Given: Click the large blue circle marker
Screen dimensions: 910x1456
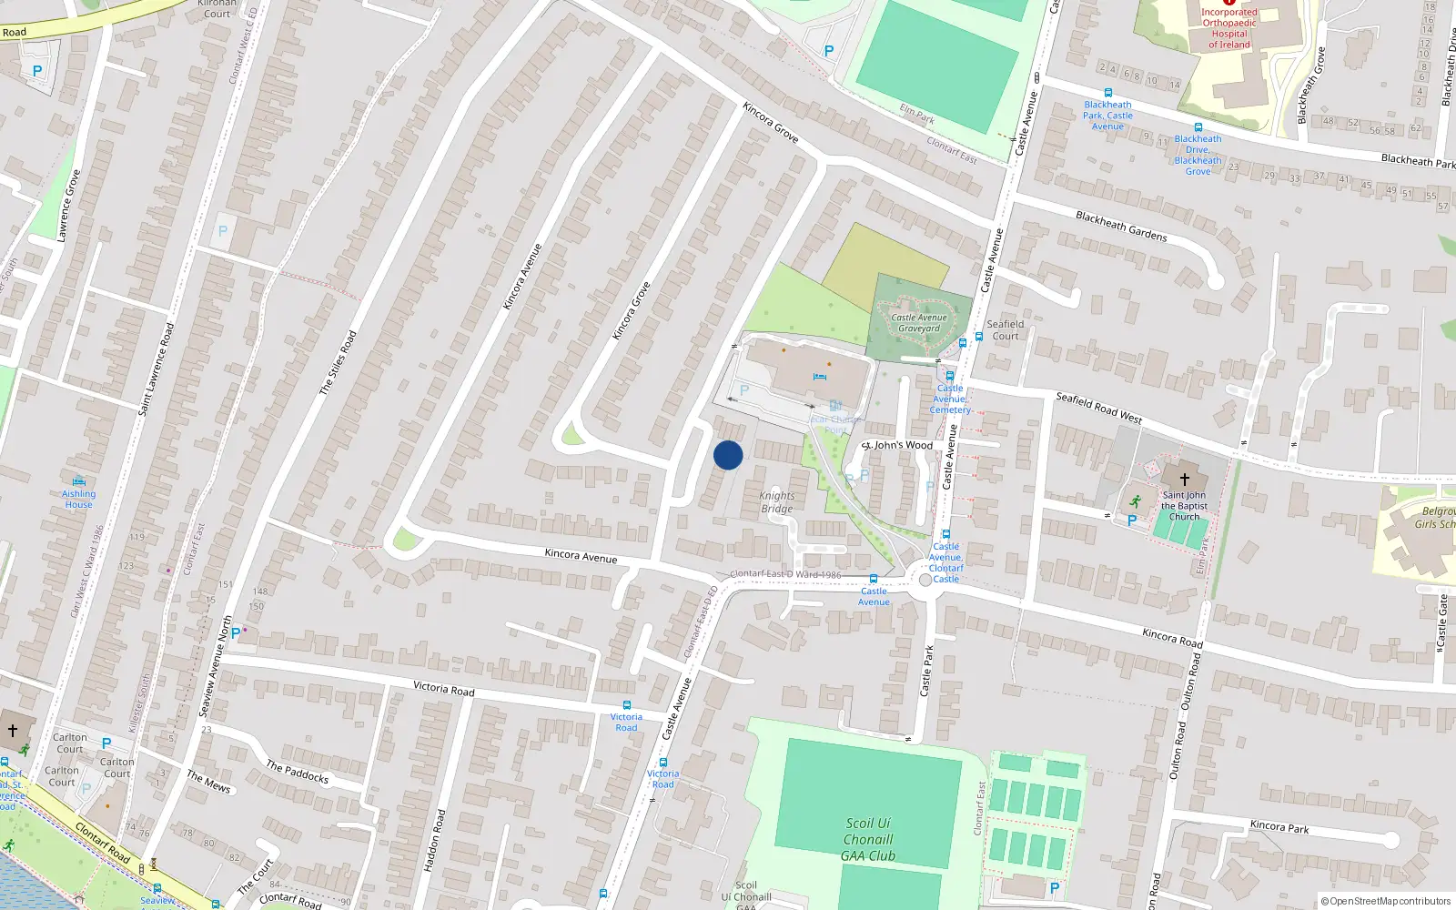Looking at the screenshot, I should [x=728, y=455].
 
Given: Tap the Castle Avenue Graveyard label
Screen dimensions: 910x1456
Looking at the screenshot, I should [x=918, y=323].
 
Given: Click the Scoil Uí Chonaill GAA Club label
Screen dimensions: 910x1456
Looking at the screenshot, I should [x=868, y=839].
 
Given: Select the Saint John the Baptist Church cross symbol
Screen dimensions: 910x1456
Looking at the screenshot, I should [x=1184, y=479].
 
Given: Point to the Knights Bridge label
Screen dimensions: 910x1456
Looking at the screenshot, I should [x=777, y=502].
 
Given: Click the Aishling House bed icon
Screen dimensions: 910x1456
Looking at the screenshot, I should [x=79, y=481].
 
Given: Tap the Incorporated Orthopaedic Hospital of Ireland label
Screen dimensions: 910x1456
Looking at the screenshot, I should [x=1228, y=28].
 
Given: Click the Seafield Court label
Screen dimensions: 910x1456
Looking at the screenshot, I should [x=1006, y=329].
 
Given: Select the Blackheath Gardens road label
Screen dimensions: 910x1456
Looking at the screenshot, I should [x=1121, y=226].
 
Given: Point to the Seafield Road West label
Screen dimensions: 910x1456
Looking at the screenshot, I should [x=1098, y=407].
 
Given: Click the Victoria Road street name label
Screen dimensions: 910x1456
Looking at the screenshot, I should [x=443, y=689].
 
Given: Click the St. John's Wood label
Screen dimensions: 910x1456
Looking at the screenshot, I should [x=898, y=445].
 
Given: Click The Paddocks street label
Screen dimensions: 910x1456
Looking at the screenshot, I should [x=297, y=772].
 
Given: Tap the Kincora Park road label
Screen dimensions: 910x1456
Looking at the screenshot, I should [x=1279, y=826].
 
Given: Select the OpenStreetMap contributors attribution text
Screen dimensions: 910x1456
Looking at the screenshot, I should [x=1386, y=902].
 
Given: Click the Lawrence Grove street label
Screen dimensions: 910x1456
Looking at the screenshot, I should [x=68, y=206].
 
